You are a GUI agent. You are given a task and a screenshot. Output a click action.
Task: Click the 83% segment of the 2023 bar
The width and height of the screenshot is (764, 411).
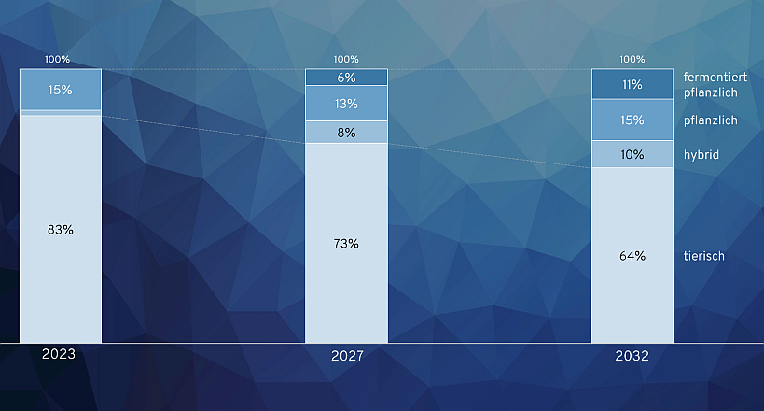coord(61,229)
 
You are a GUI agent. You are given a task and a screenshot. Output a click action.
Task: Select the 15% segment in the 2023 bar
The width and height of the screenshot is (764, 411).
coord(61,90)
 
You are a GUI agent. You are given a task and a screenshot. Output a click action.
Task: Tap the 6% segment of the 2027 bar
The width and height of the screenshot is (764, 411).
coord(346,78)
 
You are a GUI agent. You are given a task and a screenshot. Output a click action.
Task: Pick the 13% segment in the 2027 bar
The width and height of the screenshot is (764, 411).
coord(346,104)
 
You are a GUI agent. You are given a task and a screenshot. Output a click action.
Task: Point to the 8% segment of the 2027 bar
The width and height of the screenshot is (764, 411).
coord(346,133)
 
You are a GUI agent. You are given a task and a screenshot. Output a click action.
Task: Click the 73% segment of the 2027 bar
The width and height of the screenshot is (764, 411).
coord(346,243)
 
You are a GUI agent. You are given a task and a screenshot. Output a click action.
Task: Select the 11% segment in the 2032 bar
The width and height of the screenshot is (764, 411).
coord(632,84)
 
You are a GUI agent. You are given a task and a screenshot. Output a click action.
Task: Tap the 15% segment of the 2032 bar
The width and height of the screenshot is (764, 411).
coord(632,120)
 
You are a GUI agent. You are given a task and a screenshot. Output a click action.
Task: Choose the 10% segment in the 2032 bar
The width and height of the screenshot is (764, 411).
coord(632,154)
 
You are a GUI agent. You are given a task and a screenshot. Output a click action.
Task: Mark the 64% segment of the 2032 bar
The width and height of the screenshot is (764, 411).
coord(632,255)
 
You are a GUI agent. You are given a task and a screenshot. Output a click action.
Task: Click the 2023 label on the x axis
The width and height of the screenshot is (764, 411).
coord(59,354)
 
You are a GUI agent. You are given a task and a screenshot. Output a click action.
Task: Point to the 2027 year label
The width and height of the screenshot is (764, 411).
coord(347,356)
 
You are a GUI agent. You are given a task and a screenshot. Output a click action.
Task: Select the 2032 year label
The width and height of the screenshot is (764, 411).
coord(632,356)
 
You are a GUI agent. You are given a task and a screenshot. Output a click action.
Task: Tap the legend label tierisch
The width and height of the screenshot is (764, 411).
coord(703,256)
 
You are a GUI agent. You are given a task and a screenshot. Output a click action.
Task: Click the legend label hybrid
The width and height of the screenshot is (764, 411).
coord(701,155)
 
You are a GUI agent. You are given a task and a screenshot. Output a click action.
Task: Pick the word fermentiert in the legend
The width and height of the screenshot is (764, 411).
coord(715,77)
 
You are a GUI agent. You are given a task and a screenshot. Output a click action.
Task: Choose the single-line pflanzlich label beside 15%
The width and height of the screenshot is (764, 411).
coord(711,120)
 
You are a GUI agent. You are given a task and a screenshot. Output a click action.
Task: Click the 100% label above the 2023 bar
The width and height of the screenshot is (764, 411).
coord(58,59)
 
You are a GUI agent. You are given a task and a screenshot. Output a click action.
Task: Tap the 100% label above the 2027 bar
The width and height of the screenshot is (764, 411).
coord(346,59)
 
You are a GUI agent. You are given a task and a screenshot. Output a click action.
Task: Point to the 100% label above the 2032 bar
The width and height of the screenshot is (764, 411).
coord(632,59)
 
